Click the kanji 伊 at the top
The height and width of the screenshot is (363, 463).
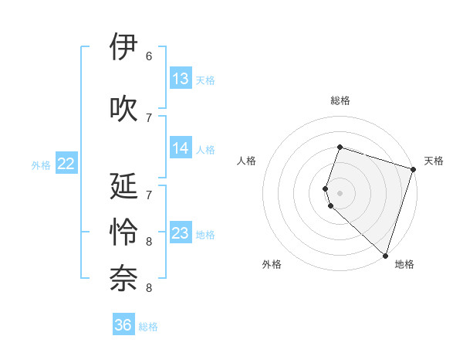click(x=124, y=47)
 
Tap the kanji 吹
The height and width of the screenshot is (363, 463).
click(x=124, y=108)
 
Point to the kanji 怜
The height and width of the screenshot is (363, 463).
click(x=124, y=232)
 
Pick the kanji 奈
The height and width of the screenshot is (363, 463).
click(x=124, y=279)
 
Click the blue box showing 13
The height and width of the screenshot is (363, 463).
click(x=181, y=79)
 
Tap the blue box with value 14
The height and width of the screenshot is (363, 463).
click(x=181, y=149)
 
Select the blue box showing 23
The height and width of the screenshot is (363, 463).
click(x=181, y=233)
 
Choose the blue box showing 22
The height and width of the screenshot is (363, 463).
click(x=66, y=164)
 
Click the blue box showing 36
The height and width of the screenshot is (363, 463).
click(x=123, y=325)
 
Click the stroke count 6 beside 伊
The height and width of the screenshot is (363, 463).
click(x=149, y=56)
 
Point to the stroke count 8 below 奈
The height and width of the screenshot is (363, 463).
click(x=149, y=288)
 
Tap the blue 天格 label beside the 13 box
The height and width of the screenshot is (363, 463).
click(x=205, y=80)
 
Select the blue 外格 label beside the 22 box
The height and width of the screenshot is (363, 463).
click(x=41, y=165)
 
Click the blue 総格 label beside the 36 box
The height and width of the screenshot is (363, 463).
click(x=149, y=327)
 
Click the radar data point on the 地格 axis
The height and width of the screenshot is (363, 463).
click(x=384, y=255)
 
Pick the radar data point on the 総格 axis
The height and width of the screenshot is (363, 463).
click(x=340, y=147)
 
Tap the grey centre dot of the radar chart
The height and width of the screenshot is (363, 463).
click(x=340, y=192)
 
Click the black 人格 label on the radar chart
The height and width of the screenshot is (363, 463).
click(x=247, y=161)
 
